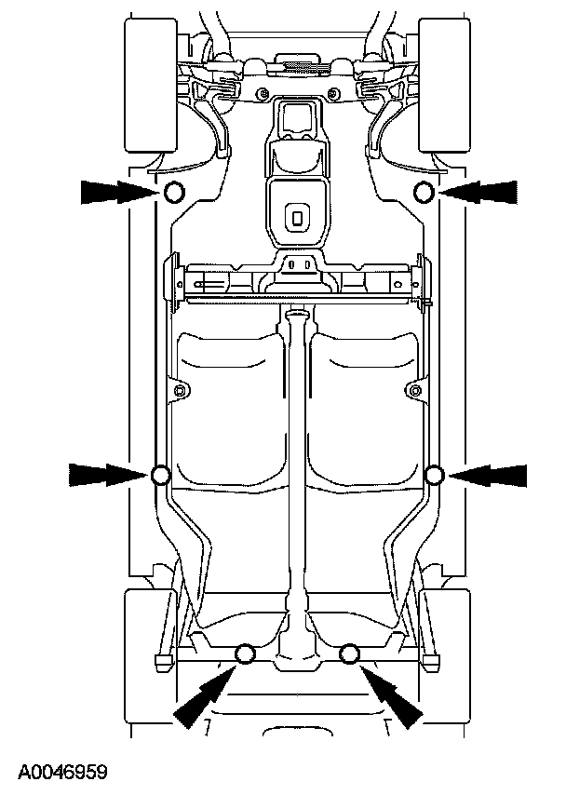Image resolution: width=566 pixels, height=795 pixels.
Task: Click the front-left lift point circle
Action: [x=173, y=193]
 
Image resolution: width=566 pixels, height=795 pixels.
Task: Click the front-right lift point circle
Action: [x=424, y=193]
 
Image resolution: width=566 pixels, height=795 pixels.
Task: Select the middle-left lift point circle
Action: [x=159, y=476]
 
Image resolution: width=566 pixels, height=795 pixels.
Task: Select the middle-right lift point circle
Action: [x=435, y=476]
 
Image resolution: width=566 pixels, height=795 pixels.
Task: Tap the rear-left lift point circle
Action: [x=246, y=654]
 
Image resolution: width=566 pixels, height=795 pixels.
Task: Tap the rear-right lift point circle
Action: [x=350, y=654]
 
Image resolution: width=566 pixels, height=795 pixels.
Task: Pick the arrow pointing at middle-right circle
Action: [x=488, y=475]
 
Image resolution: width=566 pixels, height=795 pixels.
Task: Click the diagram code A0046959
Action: [x=62, y=772]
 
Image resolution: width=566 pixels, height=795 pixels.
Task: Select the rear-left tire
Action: [x=146, y=652]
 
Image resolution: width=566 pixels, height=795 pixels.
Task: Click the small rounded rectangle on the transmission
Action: [x=296, y=218]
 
